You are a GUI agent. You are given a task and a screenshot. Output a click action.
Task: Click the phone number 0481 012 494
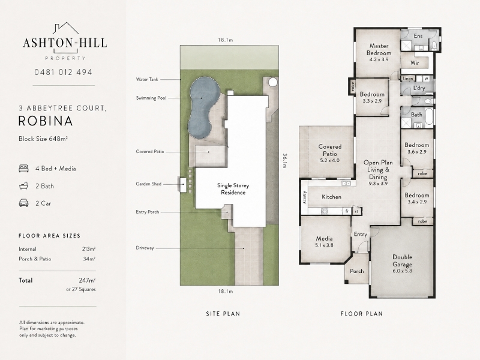click(x=63, y=72)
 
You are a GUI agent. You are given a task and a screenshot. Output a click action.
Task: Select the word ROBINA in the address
click(x=46, y=121)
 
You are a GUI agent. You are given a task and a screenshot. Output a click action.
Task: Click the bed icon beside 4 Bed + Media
click(x=23, y=169)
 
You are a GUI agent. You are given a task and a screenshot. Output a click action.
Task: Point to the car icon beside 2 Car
click(x=23, y=203)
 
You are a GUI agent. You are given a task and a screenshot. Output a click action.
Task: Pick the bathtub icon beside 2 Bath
click(x=23, y=186)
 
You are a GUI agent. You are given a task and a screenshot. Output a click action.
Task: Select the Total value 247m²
click(x=87, y=280)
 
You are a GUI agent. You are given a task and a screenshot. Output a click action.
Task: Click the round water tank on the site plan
click(x=272, y=82)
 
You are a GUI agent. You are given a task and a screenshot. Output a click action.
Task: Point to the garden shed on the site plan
click(x=183, y=185)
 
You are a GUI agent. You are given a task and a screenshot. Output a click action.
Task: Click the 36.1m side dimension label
click(x=284, y=160)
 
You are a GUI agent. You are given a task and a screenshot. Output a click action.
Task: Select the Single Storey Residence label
click(x=233, y=189)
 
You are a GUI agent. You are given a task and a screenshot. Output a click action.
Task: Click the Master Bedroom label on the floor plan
click(x=379, y=49)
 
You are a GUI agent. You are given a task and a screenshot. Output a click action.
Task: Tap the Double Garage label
click(x=402, y=260)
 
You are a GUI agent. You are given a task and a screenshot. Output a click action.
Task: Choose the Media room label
click(x=324, y=238)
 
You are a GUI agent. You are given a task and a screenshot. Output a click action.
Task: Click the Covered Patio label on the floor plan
click(x=329, y=150)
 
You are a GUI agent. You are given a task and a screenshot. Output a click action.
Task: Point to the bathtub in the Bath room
click(x=429, y=116)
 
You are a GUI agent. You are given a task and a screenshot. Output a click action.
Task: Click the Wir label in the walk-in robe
click(x=415, y=63)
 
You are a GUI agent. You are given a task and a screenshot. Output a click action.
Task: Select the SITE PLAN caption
click(x=223, y=313)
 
